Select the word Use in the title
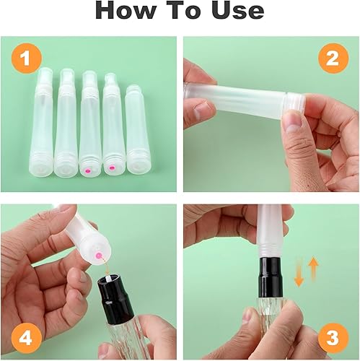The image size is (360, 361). point(236,11)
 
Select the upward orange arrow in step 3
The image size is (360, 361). point(314,273)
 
